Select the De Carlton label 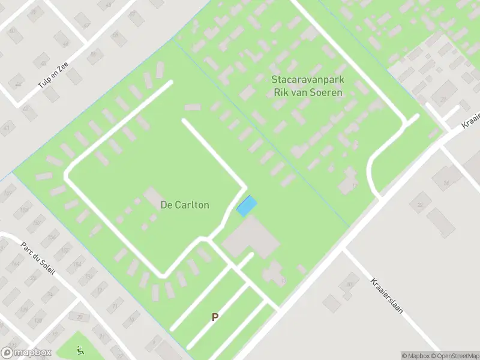(x=185, y=205)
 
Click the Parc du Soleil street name (x=38, y=259)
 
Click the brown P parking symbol (x=214, y=317)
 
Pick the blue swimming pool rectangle (x=247, y=206)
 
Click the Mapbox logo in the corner (x=26, y=353)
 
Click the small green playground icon (x=79, y=350)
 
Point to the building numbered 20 (x=80, y=316)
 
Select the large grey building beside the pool (x=251, y=238)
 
